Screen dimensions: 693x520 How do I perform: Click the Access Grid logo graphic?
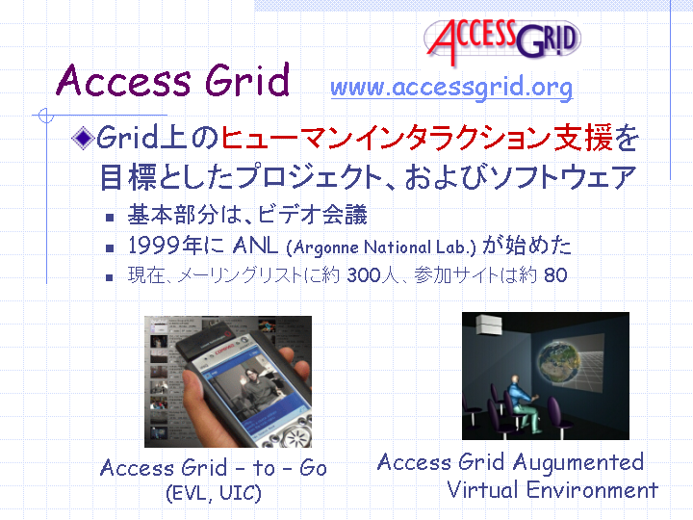point(502,39)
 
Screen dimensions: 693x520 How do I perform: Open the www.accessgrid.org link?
point(451,87)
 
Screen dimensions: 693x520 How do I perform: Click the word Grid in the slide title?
point(247,80)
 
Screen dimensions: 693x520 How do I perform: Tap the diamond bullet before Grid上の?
point(83,138)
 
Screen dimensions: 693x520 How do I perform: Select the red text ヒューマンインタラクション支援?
point(417,138)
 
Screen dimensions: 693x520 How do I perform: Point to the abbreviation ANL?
point(255,246)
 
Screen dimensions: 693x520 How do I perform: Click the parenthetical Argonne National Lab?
point(381,247)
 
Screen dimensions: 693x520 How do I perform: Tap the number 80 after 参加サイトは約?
point(555,275)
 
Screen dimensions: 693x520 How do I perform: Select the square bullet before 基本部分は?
point(110,218)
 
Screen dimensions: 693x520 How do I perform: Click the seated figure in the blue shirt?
point(523,403)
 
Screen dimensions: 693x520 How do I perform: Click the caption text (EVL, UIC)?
point(214,493)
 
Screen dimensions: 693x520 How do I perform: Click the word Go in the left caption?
point(313,468)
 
